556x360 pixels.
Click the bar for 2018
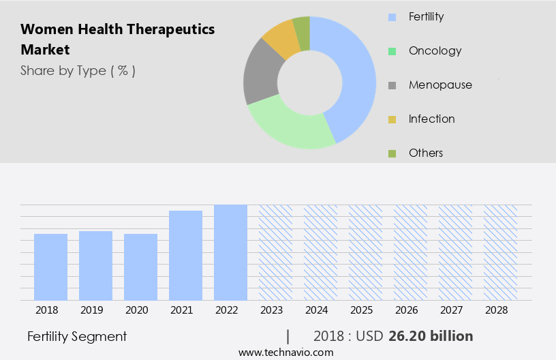pyautogui.click(x=50, y=267)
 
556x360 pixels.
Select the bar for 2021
pyautogui.click(x=185, y=255)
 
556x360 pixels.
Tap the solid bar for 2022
pyautogui.click(x=230, y=252)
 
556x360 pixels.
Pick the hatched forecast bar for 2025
pyautogui.click(x=365, y=252)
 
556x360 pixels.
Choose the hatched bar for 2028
pyautogui.click(x=500, y=252)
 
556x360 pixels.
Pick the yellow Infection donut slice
pyautogui.click(x=281, y=38)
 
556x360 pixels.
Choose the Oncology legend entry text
pyautogui.click(x=435, y=50)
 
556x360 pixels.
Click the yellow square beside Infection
pyautogui.click(x=392, y=119)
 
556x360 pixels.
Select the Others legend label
pyautogui.click(x=426, y=153)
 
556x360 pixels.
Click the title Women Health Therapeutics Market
pyautogui.click(x=117, y=39)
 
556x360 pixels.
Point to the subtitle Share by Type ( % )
pyautogui.click(x=78, y=70)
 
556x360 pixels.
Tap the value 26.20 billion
pyautogui.click(x=431, y=336)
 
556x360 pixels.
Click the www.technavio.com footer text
pyautogui.click(x=285, y=352)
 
